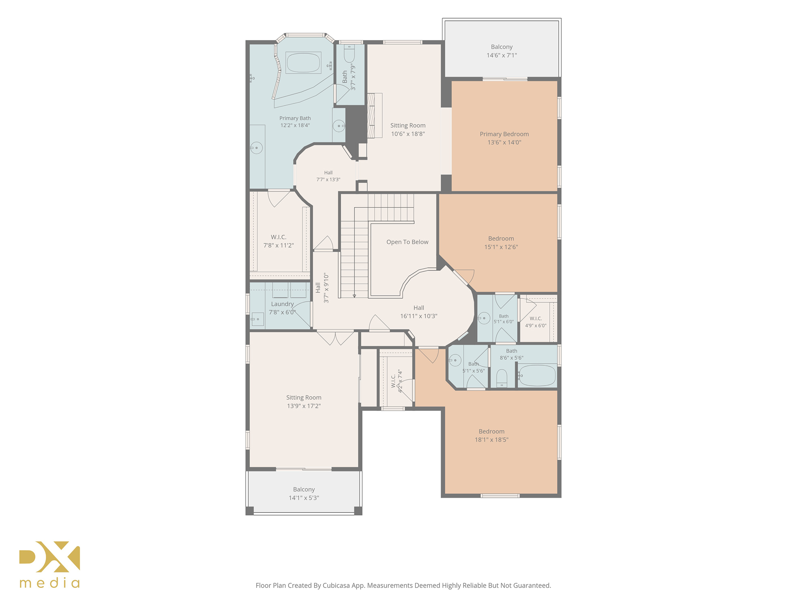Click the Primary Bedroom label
504,138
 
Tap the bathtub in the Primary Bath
303,63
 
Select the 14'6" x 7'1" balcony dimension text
502,55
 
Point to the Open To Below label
407,242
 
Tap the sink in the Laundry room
257,319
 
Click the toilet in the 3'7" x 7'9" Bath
350,54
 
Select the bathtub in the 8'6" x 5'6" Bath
537,375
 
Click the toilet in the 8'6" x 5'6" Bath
502,378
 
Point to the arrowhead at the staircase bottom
354,296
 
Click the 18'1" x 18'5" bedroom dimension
491,440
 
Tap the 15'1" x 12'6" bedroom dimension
501,247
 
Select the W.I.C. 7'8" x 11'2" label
279,241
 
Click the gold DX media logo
50,565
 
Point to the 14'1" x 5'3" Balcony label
304,494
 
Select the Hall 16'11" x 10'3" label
419,312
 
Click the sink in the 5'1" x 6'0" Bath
484,318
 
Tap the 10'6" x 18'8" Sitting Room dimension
408,134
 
